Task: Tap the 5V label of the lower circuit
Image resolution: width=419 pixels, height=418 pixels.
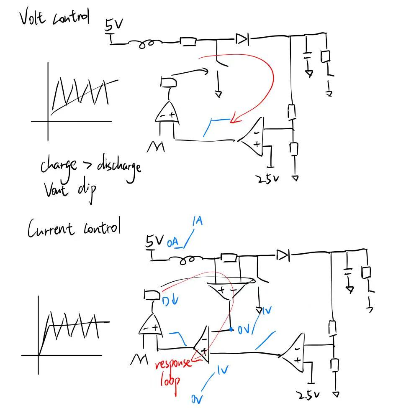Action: point(154,241)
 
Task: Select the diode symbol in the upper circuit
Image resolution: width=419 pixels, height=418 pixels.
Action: point(242,40)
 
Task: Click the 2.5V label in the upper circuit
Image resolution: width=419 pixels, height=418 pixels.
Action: point(267,179)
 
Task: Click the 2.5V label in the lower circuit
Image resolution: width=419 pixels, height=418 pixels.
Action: point(308,395)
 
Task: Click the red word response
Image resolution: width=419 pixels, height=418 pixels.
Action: point(173,363)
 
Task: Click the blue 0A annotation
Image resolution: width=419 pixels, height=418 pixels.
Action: point(173,243)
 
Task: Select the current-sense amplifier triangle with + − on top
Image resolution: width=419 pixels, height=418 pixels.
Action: point(226,291)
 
